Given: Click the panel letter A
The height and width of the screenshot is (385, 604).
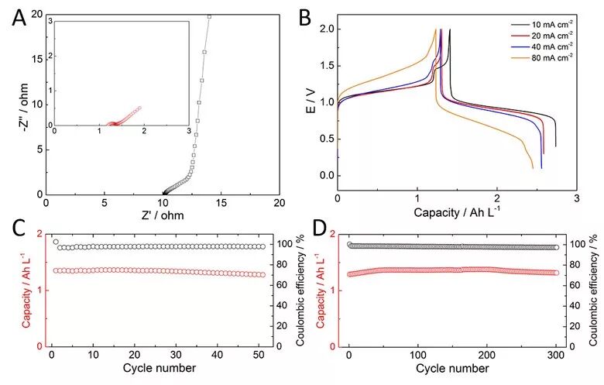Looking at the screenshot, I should pos(19,18).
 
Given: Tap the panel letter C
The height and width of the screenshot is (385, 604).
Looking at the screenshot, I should pos(19,230).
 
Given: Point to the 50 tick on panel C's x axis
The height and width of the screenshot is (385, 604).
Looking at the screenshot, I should pos(259,355).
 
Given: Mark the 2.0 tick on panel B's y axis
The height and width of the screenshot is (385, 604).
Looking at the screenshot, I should pos(326,29).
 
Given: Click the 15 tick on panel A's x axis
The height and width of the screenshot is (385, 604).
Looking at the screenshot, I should pos(221,202).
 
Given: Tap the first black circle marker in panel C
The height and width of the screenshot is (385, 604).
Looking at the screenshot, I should pos(56,242).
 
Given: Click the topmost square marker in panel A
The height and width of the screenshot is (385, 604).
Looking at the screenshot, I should pos(209,16).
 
